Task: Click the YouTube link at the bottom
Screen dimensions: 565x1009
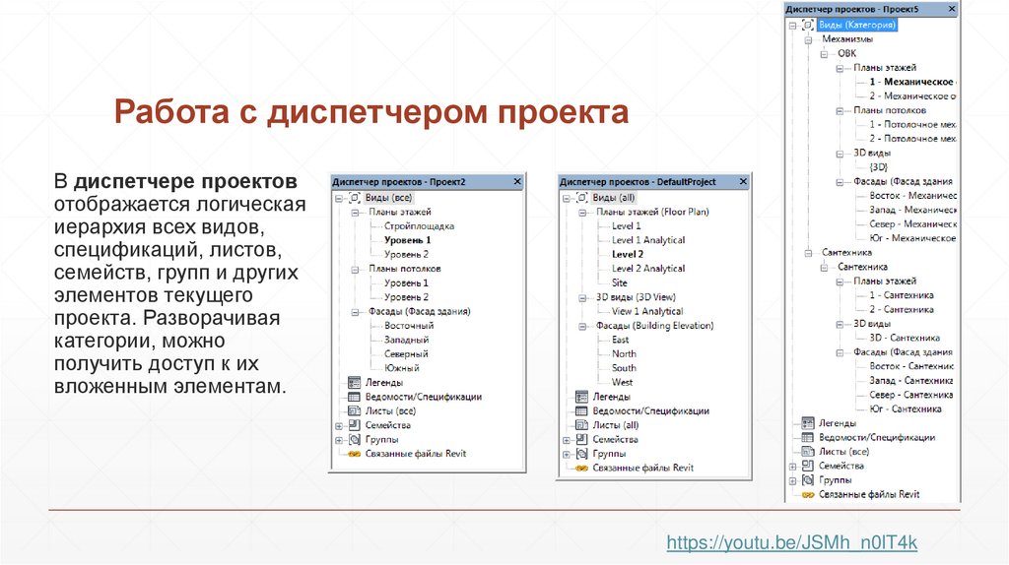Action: [x=791, y=542]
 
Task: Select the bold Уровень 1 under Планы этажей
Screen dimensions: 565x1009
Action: [x=407, y=240]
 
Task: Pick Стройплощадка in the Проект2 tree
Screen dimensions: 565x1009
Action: [x=414, y=226]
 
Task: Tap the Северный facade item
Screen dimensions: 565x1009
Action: [x=406, y=353]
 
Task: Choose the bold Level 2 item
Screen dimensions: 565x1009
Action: [x=628, y=254]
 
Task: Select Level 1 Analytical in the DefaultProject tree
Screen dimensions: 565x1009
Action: [x=647, y=240]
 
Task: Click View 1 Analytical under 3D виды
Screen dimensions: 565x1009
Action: [x=646, y=311]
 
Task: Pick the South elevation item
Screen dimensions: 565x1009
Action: [x=624, y=368]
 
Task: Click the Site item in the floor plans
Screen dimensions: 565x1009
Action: [x=620, y=282]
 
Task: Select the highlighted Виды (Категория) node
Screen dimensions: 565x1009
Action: [x=857, y=25]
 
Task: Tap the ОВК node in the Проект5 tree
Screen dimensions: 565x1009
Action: [x=846, y=53]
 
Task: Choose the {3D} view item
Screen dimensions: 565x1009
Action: [x=880, y=167]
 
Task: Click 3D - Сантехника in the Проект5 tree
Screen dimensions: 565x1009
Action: [x=904, y=338]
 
